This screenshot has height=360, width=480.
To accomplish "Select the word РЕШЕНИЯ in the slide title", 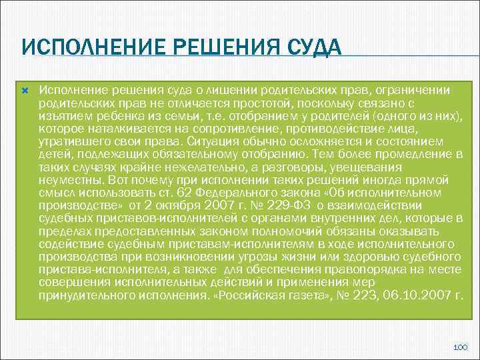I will point(213,48).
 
